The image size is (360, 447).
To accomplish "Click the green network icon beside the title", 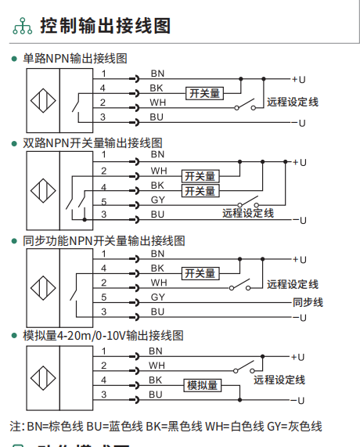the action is [x=22, y=26].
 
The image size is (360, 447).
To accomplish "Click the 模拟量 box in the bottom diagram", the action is [x=203, y=385].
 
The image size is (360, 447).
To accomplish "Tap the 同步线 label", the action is [x=308, y=302].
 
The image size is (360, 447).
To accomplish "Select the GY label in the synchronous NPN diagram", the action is [x=158, y=297].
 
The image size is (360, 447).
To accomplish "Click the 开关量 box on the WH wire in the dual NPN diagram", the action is [x=200, y=176].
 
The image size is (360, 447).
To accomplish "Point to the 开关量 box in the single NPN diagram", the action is [x=204, y=93].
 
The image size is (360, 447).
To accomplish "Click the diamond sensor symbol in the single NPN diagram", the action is [x=43, y=100].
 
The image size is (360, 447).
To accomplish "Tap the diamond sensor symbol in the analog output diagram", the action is [x=43, y=378].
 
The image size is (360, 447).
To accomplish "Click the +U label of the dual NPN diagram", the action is [x=300, y=163].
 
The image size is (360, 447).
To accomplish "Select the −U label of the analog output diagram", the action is [x=297, y=401].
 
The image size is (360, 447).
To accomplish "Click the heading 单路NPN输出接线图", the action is [x=75, y=59].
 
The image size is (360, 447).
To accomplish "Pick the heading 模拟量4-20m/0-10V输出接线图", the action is [x=103, y=336].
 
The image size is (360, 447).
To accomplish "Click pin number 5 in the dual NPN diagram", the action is [x=104, y=202].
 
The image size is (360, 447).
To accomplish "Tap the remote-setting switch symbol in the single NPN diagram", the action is [x=245, y=105].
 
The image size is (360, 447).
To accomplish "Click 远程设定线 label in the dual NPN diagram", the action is [x=248, y=213].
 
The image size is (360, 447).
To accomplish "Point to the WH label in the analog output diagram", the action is [x=157, y=365].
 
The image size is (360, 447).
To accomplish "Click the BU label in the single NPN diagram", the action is [x=157, y=117].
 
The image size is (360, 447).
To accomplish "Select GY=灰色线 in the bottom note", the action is [x=294, y=427].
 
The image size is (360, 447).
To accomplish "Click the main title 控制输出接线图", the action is [x=106, y=26].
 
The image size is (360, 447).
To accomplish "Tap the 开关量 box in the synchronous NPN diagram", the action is [x=200, y=273].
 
